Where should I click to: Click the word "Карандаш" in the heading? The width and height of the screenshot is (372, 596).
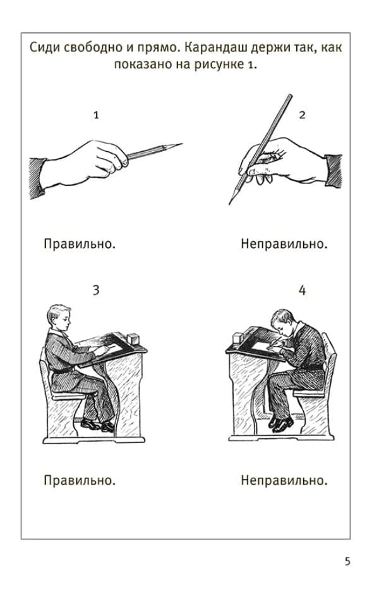coord(217,48)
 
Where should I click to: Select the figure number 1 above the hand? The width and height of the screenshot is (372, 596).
coord(96,115)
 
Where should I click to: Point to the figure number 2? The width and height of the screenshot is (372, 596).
coord(302,115)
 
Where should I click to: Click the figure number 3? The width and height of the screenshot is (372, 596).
coord(96,290)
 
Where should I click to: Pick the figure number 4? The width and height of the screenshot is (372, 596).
coord(302,290)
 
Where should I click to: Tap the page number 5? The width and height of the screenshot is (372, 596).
coord(348,561)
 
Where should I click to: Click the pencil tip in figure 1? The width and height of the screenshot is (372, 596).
coord(182,144)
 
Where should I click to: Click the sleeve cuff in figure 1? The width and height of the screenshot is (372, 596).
coord(38,178)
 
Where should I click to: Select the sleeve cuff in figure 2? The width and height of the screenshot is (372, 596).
coord(334,171)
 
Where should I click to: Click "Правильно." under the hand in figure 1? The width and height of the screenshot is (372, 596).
coord(80,244)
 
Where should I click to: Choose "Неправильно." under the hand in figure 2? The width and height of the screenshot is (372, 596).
coord(284,244)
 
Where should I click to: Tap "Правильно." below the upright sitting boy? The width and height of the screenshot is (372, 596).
coord(80,480)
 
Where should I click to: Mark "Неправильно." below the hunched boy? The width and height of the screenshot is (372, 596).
coord(284,480)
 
